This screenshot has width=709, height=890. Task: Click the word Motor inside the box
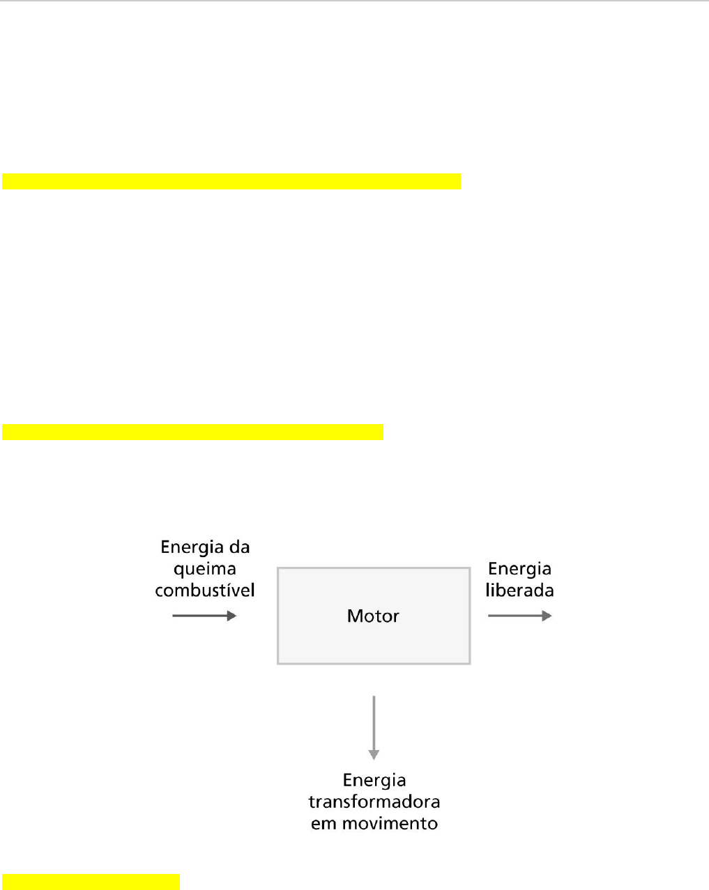coord(373,616)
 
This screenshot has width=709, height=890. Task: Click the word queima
coord(205,570)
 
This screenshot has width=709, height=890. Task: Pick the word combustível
coord(205,591)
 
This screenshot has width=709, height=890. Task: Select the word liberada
coord(520,591)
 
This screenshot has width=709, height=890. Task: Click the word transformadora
coord(374,802)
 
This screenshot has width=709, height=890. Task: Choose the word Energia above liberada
coord(520,569)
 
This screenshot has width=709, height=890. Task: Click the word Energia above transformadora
coord(374,780)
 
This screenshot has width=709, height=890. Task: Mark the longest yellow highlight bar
coord(231,181)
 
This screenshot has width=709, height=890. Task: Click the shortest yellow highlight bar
coord(91,882)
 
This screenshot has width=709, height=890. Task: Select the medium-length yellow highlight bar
coord(192,432)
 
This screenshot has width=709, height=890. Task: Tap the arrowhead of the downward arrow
coord(374,754)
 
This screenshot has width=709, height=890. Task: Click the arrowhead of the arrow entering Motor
coord(232,616)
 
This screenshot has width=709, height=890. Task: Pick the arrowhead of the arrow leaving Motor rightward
coord(547,616)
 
